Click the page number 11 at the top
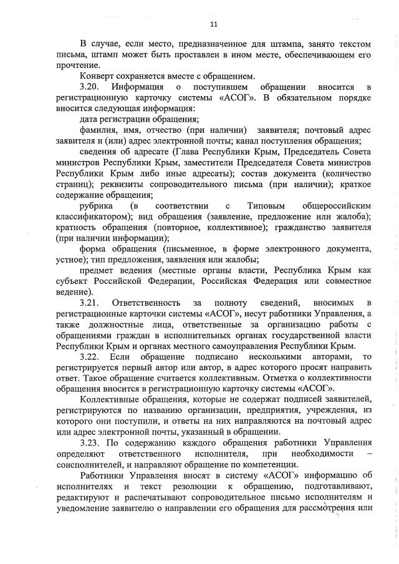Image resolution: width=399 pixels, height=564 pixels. [213, 24]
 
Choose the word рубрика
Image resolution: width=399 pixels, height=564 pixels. [97, 205]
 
